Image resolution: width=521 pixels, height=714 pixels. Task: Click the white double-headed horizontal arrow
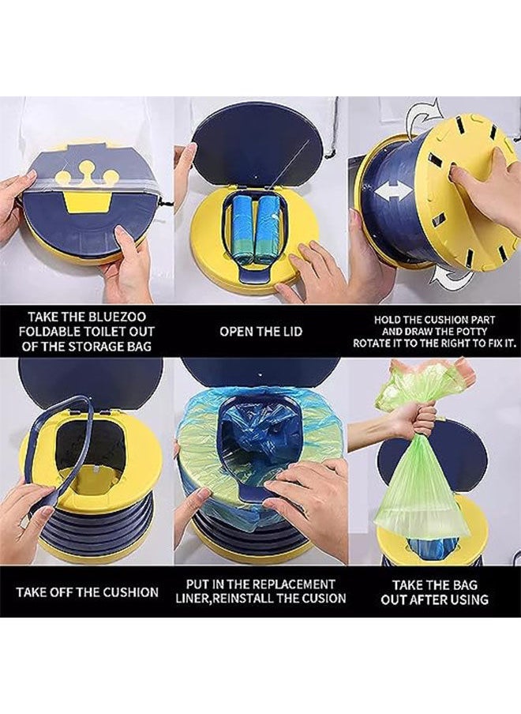(x=394, y=190)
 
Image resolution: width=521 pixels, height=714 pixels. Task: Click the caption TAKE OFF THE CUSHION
(x=87, y=592)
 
